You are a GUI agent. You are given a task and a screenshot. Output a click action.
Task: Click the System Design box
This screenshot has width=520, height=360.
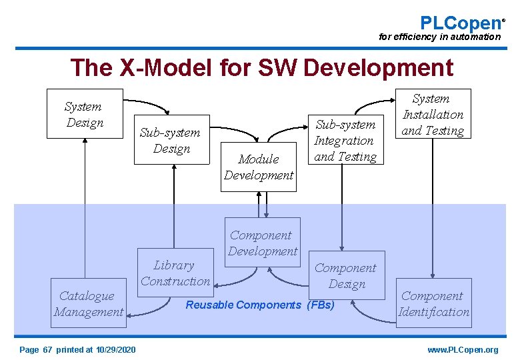(x=84, y=114)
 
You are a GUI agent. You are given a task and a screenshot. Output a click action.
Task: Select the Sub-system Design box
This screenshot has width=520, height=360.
(x=171, y=139)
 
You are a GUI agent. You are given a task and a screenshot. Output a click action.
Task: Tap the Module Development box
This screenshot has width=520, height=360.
(x=259, y=167)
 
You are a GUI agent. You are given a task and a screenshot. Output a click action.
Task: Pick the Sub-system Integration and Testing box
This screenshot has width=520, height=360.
(x=345, y=140)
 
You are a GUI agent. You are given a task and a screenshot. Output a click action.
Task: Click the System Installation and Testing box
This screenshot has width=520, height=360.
(x=433, y=114)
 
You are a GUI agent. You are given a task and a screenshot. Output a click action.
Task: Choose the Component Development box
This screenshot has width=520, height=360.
(x=263, y=243)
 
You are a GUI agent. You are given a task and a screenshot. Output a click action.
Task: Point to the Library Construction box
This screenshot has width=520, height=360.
(x=175, y=273)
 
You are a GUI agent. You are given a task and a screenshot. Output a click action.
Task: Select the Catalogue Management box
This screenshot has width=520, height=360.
(x=89, y=303)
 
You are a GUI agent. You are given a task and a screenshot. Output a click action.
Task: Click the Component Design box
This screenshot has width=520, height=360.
(x=346, y=275)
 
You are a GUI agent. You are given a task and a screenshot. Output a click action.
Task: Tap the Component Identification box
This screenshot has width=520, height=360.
(x=433, y=303)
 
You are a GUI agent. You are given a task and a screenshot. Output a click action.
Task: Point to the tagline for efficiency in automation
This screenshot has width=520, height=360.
(x=439, y=37)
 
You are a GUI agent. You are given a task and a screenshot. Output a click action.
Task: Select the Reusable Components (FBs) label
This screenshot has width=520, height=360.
(x=260, y=305)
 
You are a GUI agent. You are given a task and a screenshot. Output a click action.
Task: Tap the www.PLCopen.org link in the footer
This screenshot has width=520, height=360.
(x=463, y=349)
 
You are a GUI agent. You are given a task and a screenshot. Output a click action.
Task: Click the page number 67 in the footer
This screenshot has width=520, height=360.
(x=47, y=349)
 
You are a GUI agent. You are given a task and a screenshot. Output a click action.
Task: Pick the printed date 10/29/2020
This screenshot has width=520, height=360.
(x=116, y=349)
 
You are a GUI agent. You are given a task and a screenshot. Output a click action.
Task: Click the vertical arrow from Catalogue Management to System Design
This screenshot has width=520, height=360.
(x=85, y=200)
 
